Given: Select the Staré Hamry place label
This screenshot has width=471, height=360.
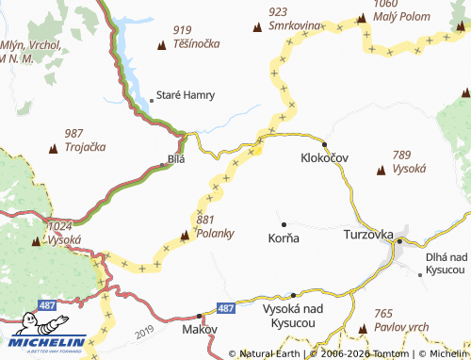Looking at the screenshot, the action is pos(186,95).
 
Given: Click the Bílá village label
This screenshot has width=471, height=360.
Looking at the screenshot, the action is pos(176,159).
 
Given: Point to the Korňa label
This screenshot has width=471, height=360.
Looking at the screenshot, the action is pos(284,238).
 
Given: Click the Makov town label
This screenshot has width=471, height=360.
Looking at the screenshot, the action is pos(201,330).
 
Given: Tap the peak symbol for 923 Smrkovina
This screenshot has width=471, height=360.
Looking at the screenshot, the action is pos(258,27).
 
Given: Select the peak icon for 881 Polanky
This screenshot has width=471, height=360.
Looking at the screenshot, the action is pos(185,235).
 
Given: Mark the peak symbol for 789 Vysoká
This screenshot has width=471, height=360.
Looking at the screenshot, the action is pos(381,171).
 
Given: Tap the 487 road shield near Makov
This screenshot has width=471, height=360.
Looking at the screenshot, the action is pos(224,308).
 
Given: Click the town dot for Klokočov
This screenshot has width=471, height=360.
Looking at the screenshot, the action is pos(324,143).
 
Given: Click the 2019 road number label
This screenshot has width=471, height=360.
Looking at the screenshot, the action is pos(143,332).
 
